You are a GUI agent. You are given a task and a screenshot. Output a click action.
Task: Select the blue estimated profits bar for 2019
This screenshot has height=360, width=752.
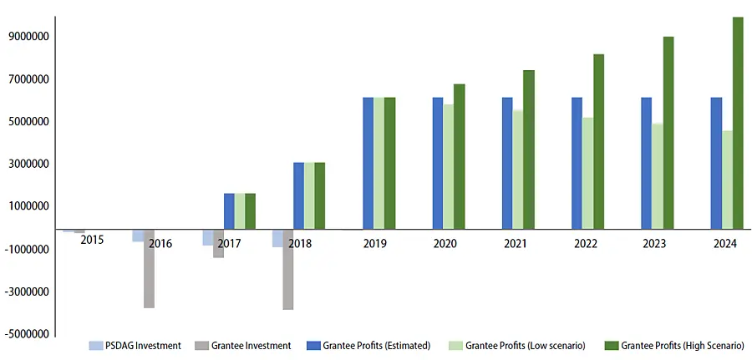(x=368, y=163)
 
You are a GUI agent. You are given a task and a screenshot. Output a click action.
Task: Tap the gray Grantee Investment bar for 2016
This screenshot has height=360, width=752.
(x=149, y=268)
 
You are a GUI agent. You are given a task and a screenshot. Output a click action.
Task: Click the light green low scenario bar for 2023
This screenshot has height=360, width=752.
(x=658, y=175)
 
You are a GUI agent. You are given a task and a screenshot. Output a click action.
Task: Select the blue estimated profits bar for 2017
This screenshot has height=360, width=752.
(x=229, y=210)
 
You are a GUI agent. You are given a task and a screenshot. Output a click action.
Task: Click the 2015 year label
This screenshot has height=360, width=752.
(x=92, y=241)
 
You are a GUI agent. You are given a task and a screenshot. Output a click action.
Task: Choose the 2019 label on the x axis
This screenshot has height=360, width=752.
(x=374, y=244)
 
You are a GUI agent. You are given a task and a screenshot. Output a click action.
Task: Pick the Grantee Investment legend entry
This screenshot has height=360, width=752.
(x=243, y=345)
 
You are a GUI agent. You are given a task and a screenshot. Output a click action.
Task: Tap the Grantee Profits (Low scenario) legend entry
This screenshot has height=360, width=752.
(x=518, y=345)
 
